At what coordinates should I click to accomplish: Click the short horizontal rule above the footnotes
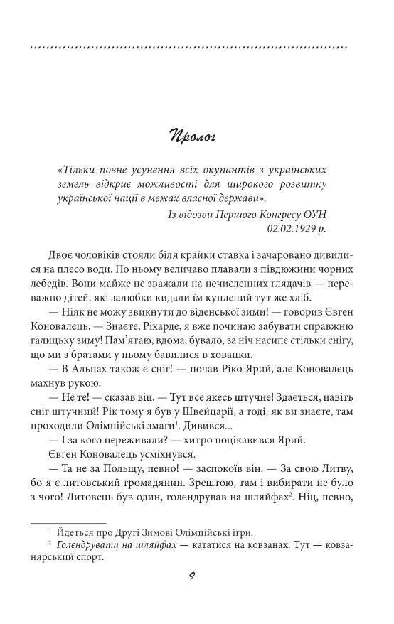68,522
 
